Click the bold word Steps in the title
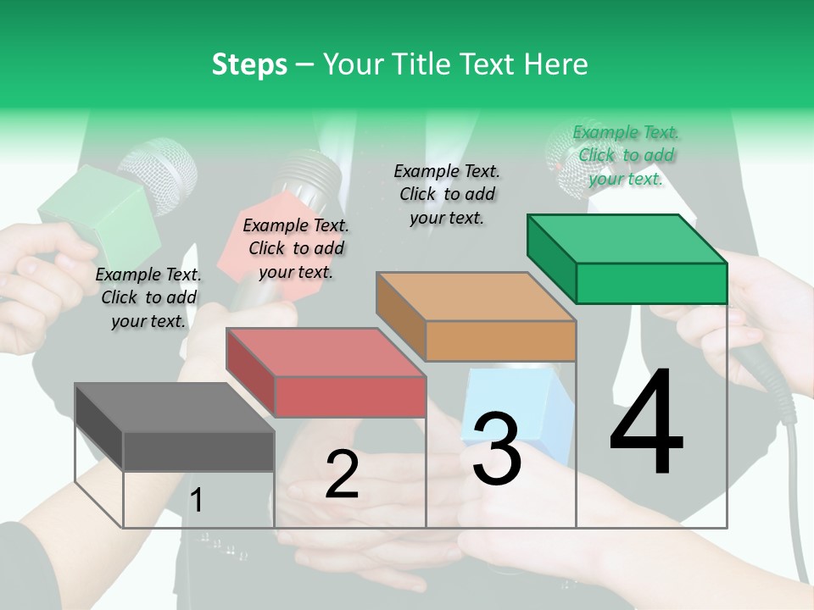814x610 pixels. coord(249,64)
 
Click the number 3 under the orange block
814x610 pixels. coord(496,448)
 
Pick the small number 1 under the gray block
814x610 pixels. coord(197,501)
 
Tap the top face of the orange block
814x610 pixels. coord(475,297)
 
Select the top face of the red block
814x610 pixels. coord(325,352)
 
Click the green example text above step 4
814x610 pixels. coord(626,155)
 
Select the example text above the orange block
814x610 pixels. coord(447,194)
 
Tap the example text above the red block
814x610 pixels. coord(296,248)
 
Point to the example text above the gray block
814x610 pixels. coord(148,297)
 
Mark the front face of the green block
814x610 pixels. coord(651,283)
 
